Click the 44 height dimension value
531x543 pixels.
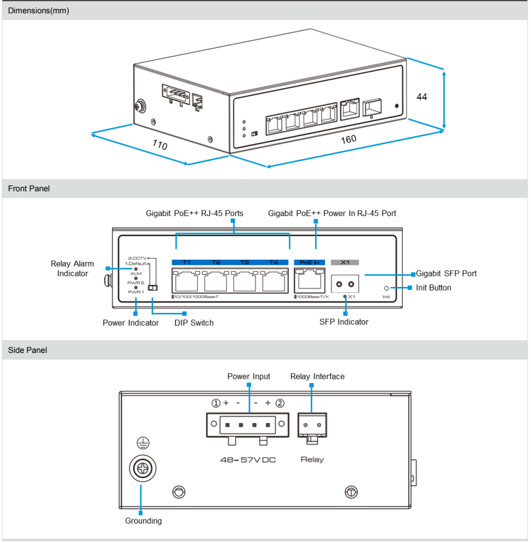tap(422, 97)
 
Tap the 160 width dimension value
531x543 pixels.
tap(348, 139)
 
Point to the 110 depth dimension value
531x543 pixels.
tap(159, 145)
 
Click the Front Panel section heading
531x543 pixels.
tap(29, 189)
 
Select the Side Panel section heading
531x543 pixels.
tap(27, 350)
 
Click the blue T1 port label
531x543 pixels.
tap(186, 262)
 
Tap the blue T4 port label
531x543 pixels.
tap(273, 262)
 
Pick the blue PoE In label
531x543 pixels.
tap(309, 262)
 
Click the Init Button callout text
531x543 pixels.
tap(433, 288)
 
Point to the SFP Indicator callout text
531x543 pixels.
tap(344, 322)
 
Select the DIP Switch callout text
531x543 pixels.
tap(194, 323)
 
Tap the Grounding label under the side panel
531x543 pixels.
tap(143, 521)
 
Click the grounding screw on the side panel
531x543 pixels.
tap(143, 469)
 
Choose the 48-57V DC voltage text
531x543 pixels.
tap(248, 460)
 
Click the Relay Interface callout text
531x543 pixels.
tap(318, 377)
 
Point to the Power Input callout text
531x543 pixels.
tap(249, 377)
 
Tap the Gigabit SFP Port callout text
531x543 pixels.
tap(446, 274)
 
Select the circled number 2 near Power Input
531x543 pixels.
tap(279, 403)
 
